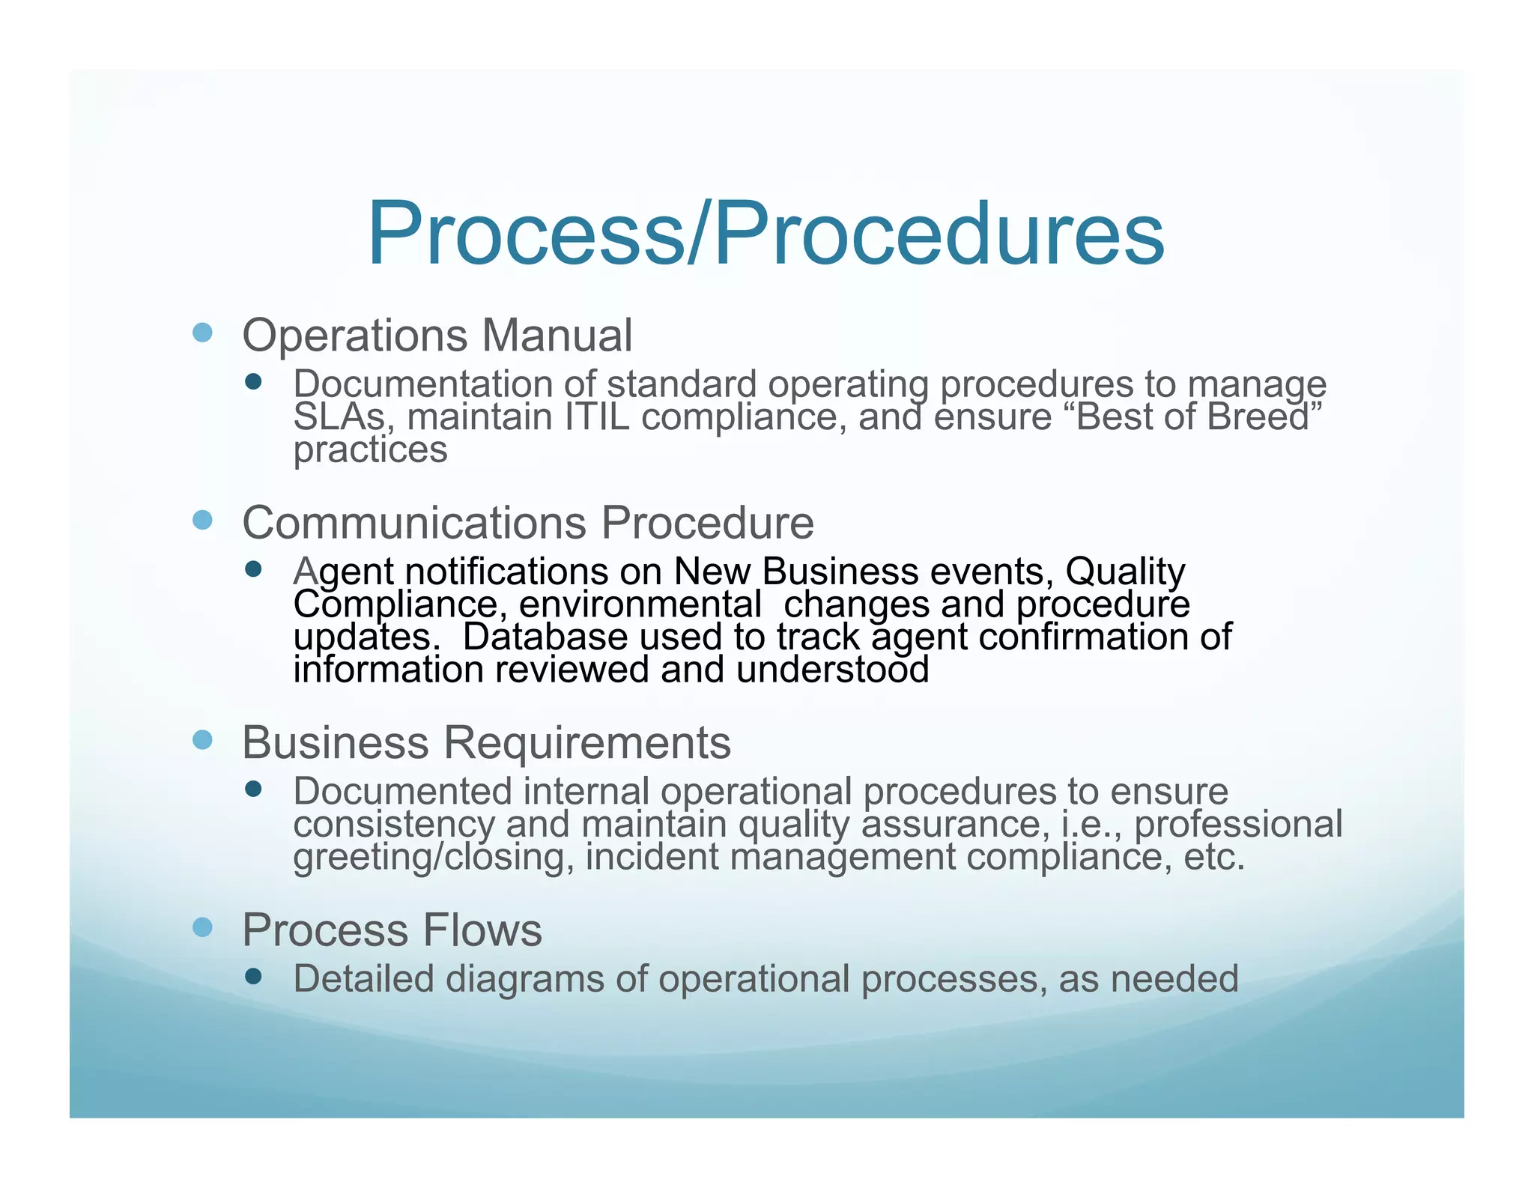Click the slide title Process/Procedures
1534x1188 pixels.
(766, 234)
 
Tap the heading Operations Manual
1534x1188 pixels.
(437, 335)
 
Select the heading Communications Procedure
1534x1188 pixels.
(528, 522)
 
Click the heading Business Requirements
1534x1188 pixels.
(487, 742)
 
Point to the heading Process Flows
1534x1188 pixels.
(392, 930)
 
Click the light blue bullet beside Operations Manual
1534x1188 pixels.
(202, 333)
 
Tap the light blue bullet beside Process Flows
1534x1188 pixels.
(202, 928)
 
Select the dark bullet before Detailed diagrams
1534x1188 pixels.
(253, 976)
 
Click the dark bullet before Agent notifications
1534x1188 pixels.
(253, 569)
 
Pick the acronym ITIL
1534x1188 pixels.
(597, 417)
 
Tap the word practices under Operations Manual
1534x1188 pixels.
(370, 450)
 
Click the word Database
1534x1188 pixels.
(545, 637)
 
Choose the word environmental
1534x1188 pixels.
(640, 604)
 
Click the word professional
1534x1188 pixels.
(1238, 824)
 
